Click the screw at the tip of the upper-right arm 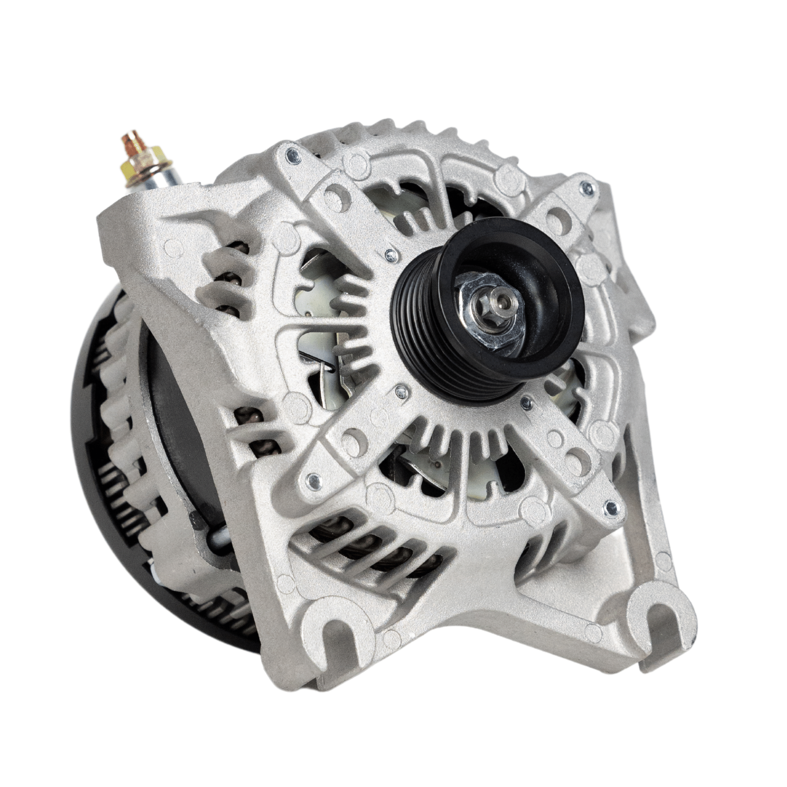click(x=586, y=188)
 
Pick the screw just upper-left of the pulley click(x=391, y=255)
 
